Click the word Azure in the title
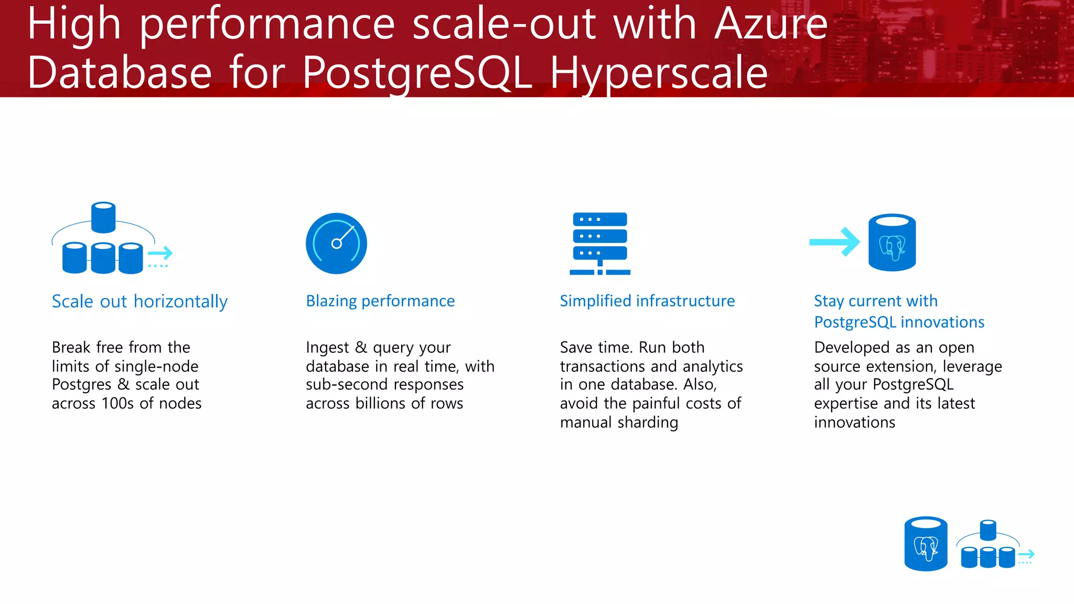771,24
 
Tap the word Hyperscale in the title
659,73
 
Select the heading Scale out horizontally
139,301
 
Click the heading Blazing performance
380,301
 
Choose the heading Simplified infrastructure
647,301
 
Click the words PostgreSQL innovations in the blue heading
899,322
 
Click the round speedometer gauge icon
336,243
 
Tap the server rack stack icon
600,243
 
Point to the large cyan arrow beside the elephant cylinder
834,242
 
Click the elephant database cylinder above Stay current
892,242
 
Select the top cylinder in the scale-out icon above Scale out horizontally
103,217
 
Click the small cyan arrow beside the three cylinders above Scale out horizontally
160,254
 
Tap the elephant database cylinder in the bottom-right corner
926,544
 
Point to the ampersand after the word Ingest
361,348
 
